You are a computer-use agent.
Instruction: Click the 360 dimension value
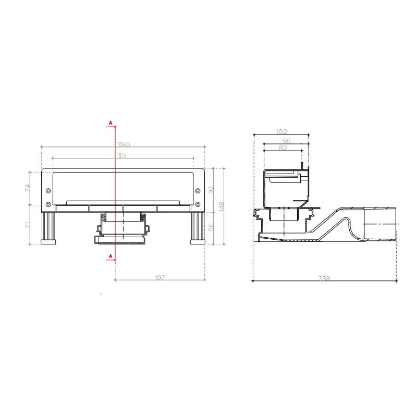[124, 145]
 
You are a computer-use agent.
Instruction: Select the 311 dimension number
[122, 155]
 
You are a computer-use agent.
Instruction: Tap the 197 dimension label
[160, 278]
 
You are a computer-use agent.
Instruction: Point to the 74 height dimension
[28, 188]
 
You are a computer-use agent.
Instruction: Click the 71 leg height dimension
[28, 225]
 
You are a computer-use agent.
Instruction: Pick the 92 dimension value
[211, 190]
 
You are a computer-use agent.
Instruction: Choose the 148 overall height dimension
[221, 206]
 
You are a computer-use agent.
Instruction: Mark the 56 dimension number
[211, 227]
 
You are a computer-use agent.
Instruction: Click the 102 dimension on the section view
[281, 132]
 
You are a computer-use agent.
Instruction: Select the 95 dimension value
[286, 141]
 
